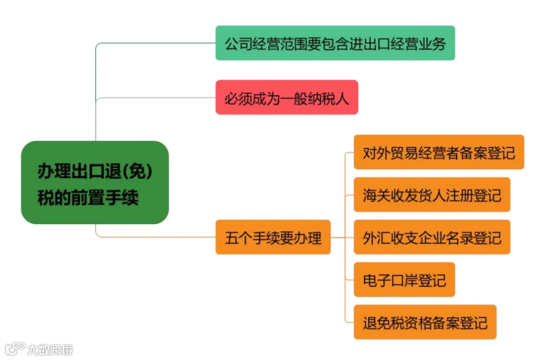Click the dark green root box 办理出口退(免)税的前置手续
95,183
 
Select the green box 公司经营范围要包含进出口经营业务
335,43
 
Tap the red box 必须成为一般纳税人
287,97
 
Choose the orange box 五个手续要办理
273,237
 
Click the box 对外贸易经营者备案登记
439,152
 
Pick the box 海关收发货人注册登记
432,195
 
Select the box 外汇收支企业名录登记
432,237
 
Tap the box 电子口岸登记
404,280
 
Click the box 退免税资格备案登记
425,322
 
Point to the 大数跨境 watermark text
50,350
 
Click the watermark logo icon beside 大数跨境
15,349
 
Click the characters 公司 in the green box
238,44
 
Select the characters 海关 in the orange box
376,196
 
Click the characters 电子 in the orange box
376,280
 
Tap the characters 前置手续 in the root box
104,198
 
